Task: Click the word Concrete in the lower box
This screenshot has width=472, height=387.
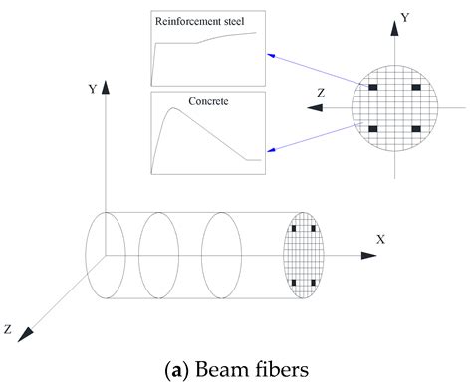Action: click(208, 101)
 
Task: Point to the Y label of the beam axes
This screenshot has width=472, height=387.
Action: click(92, 89)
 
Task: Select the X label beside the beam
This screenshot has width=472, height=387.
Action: click(380, 240)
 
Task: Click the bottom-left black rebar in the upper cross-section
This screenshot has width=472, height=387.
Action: click(372, 129)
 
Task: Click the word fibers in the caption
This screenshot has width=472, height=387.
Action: click(280, 367)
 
